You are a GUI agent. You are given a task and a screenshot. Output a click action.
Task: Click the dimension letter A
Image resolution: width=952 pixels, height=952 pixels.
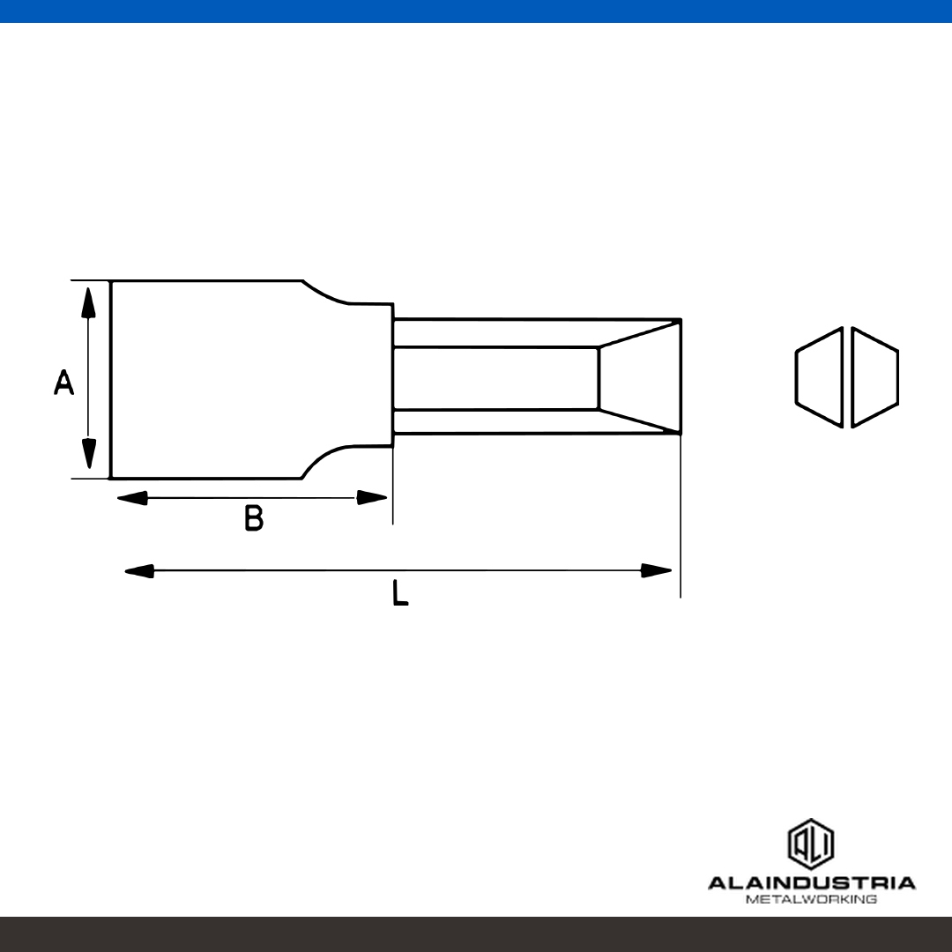(63, 382)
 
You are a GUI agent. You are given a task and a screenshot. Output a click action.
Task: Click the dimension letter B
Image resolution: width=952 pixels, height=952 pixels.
(254, 518)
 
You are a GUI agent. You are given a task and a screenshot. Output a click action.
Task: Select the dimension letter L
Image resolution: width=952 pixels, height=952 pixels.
(400, 593)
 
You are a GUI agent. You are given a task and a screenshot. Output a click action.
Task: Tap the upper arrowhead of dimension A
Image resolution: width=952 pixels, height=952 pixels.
(89, 302)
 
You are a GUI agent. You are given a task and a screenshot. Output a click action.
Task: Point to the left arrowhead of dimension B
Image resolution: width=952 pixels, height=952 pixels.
(131, 498)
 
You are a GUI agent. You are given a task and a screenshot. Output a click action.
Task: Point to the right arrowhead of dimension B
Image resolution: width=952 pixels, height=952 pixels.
(372, 498)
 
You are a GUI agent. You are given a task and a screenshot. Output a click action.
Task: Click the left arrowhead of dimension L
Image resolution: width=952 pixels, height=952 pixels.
(139, 570)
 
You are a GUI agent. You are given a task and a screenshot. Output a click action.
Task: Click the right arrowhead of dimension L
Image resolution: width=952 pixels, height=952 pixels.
(657, 570)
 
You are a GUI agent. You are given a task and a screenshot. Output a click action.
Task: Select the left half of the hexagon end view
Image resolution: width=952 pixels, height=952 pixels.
(819, 377)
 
